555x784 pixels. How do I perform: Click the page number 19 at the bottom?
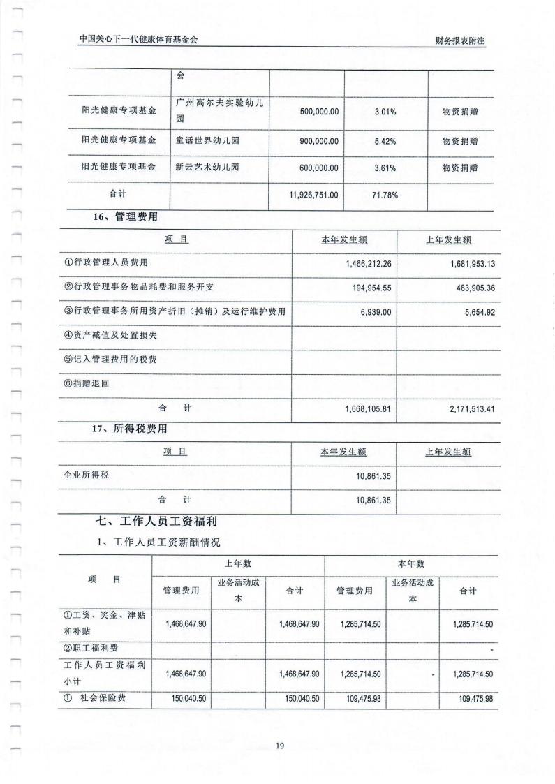[x=280, y=746]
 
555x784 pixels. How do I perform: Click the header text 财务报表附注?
[x=459, y=40]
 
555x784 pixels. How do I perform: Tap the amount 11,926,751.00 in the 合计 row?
[x=313, y=195]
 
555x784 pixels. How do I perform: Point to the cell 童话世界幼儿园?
[x=207, y=141]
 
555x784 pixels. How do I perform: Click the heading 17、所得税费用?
[x=130, y=429]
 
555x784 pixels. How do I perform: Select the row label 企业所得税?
[x=87, y=475]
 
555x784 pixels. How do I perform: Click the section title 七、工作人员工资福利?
[x=165, y=520]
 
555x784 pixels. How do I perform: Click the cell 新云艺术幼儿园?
[x=207, y=168]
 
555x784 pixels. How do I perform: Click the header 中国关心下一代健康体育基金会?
[x=138, y=40]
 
